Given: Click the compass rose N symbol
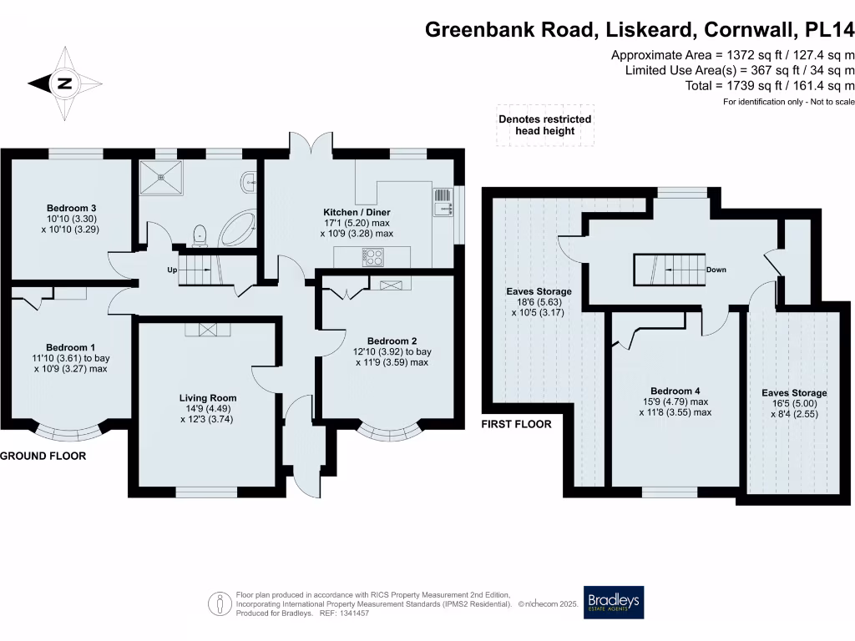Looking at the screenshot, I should pyautogui.click(x=64, y=83).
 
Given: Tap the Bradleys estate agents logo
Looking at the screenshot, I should pyautogui.click(x=614, y=602).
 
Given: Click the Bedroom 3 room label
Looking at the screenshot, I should pyautogui.click(x=67, y=208).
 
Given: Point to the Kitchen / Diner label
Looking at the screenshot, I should pyautogui.click(x=357, y=213).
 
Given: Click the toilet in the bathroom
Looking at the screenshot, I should pyautogui.click(x=199, y=235).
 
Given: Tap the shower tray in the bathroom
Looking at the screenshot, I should pyautogui.click(x=157, y=176).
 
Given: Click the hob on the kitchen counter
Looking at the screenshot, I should pyautogui.click(x=372, y=257).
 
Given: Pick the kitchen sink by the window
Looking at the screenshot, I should pyautogui.click(x=442, y=201).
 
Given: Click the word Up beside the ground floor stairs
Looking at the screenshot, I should pyautogui.click(x=173, y=270).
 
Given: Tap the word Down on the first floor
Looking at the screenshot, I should pyautogui.click(x=716, y=270).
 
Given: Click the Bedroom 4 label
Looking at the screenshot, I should pyautogui.click(x=675, y=391).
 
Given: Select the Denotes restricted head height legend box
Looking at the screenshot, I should pyautogui.click(x=544, y=125).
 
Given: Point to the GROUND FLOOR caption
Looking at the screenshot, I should pyautogui.click(x=43, y=457).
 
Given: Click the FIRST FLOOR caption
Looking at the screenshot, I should pyautogui.click(x=516, y=424).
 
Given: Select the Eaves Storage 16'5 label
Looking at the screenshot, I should pyautogui.click(x=794, y=392).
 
